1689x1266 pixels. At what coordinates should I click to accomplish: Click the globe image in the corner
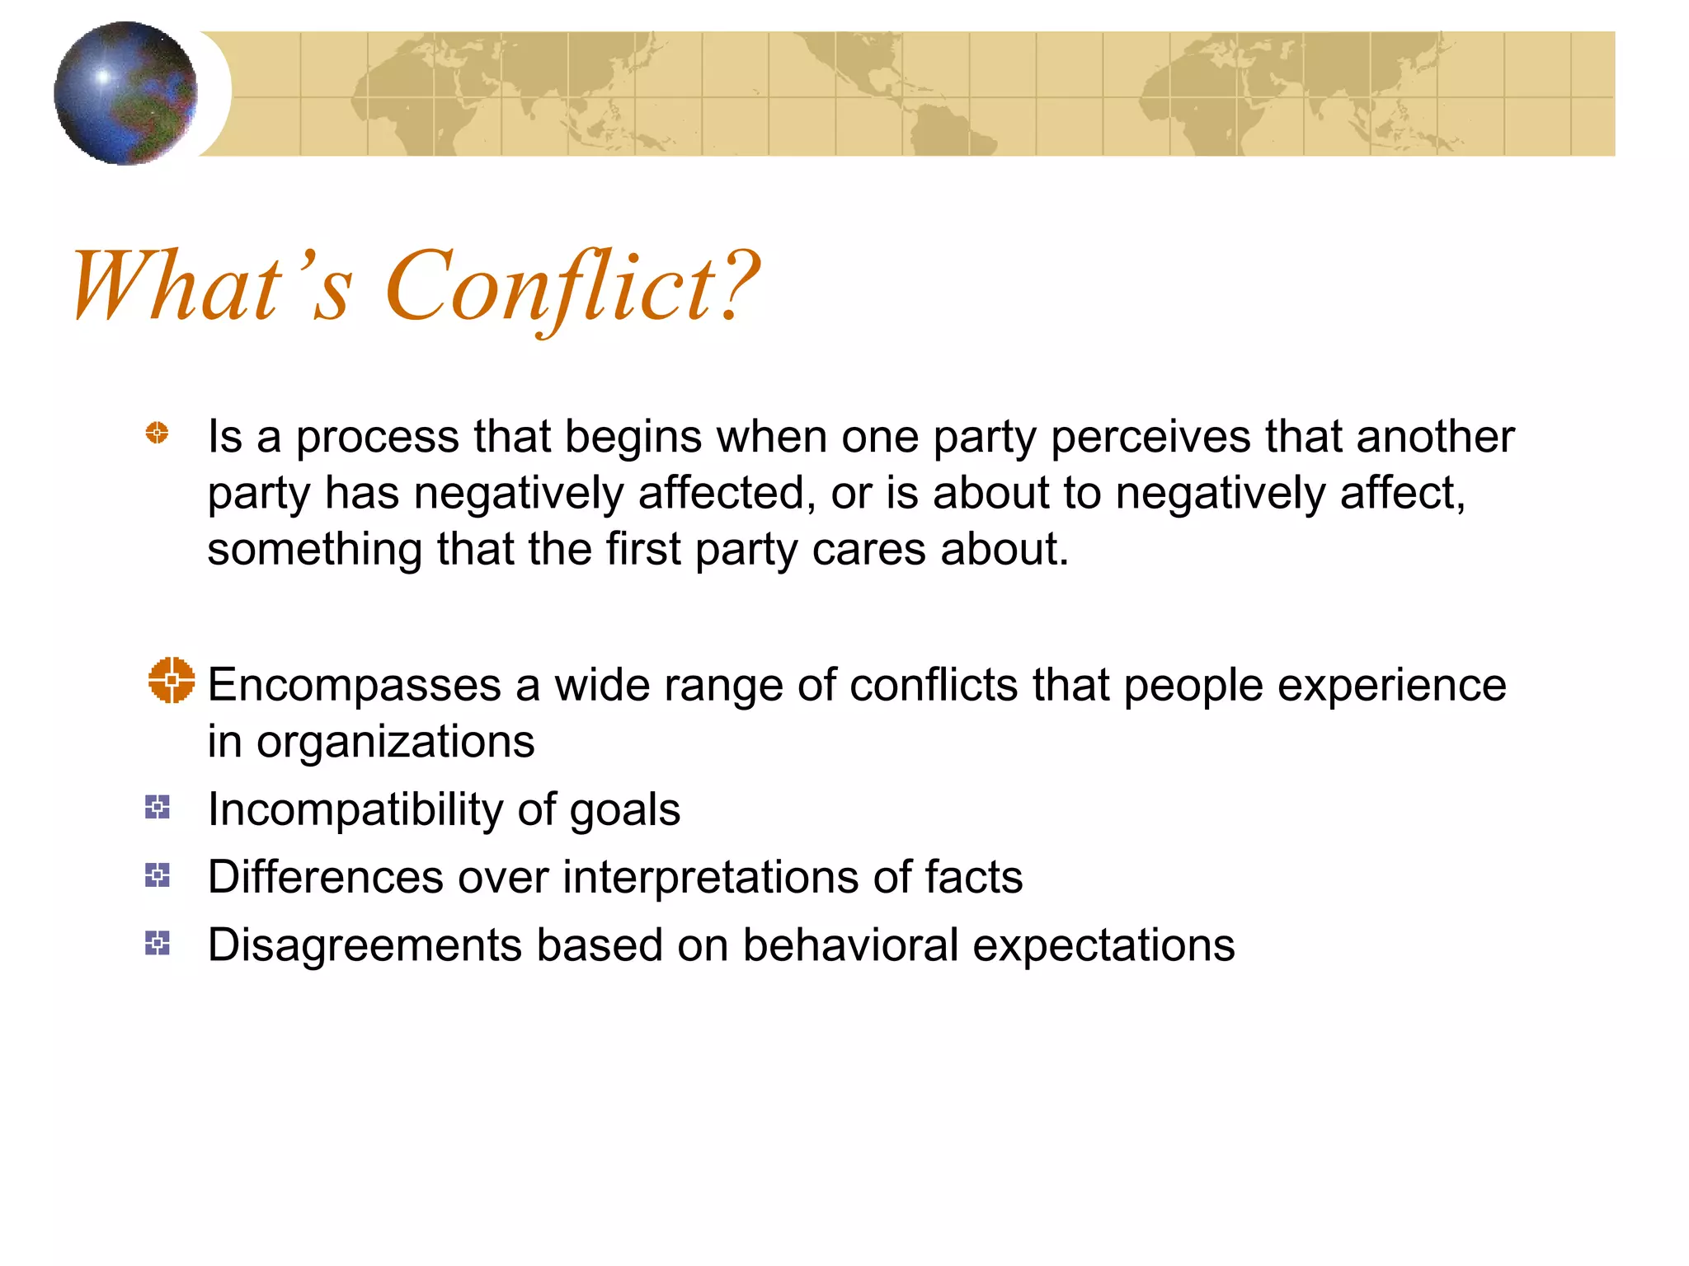(x=125, y=93)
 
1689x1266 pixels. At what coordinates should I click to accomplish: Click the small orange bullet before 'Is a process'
(x=157, y=433)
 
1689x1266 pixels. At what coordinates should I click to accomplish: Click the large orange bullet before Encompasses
(x=172, y=680)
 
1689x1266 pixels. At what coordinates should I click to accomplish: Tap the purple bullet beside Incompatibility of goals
(x=157, y=807)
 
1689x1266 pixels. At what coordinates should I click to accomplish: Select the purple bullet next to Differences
(x=157, y=874)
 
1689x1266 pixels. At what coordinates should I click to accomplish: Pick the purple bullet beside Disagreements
(x=157, y=943)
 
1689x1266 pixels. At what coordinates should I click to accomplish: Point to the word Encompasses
(x=354, y=687)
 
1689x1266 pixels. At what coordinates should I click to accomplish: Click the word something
(x=314, y=551)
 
